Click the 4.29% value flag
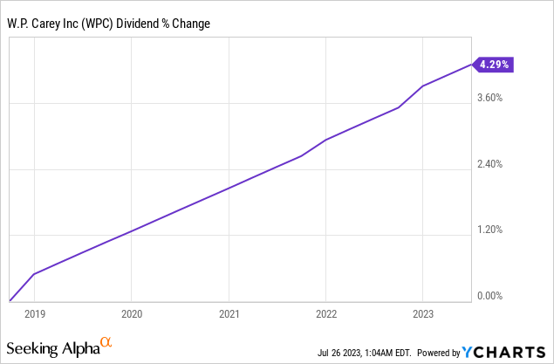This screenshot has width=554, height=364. pyautogui.click(x=493, y=64)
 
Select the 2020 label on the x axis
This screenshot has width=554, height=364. pyautogui.click(x=131, y=312)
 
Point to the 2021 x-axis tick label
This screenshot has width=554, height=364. pyautogui.click(x=229, y=312)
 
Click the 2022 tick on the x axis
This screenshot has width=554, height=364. pyautogui.click(x=325, y=312)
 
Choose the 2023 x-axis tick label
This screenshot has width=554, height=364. pyautogui.click(x=423, y=312)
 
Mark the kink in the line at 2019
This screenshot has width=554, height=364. pyautogui.click(x=33, y=274)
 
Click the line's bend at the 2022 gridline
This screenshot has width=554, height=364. pyautogui.click(x=325, y=140)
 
